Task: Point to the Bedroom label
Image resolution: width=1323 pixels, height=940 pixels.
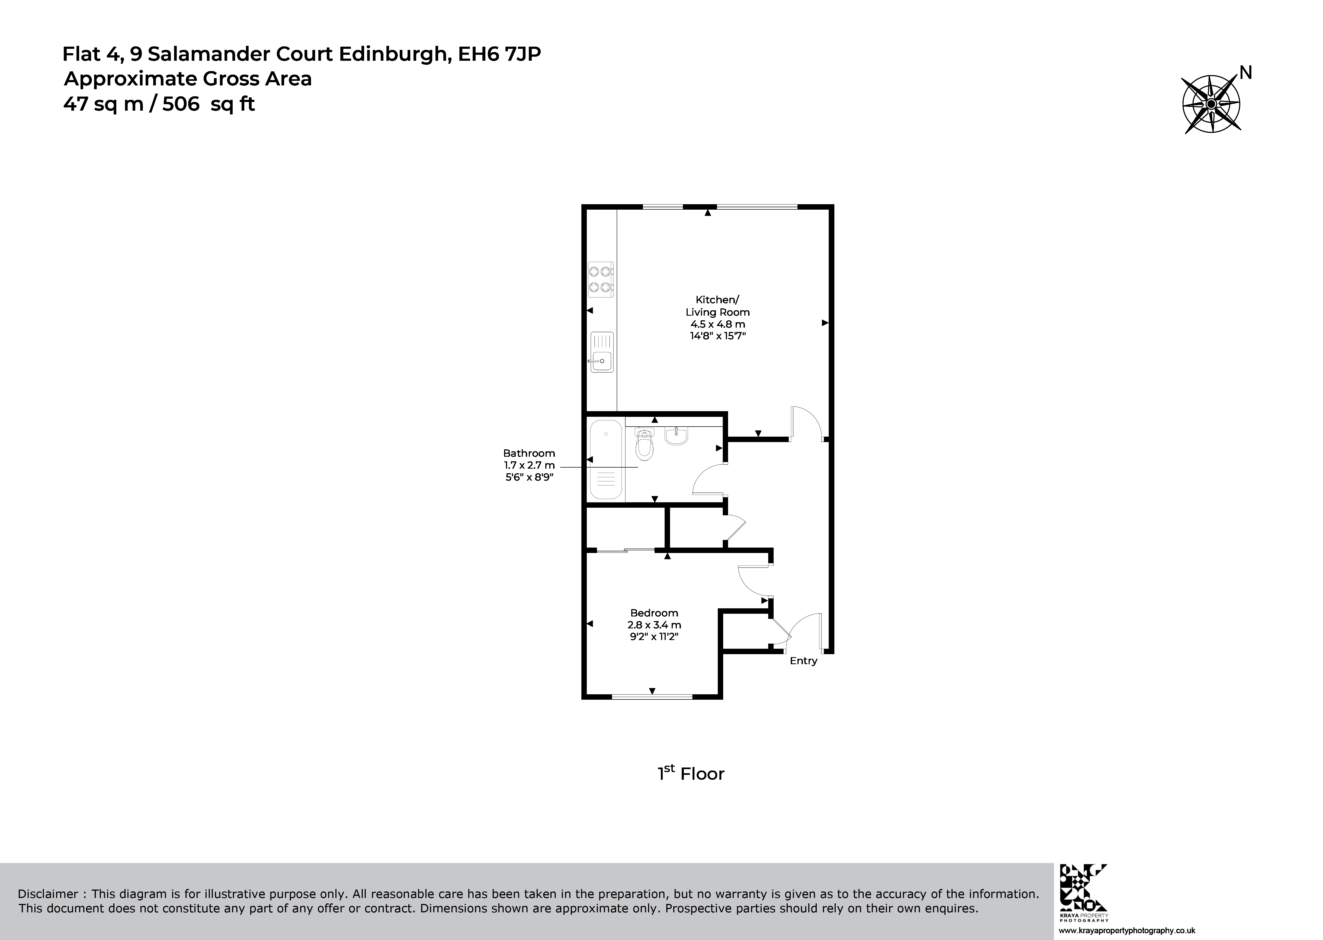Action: coord(654,612)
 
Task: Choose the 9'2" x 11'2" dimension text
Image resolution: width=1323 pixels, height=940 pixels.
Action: coord(654,637)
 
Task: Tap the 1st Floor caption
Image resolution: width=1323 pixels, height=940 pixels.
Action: coord(691,774)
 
